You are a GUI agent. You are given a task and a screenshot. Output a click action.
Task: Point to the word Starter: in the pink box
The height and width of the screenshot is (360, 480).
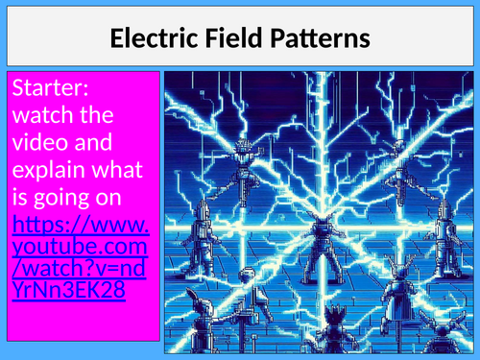tap(51, 89)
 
